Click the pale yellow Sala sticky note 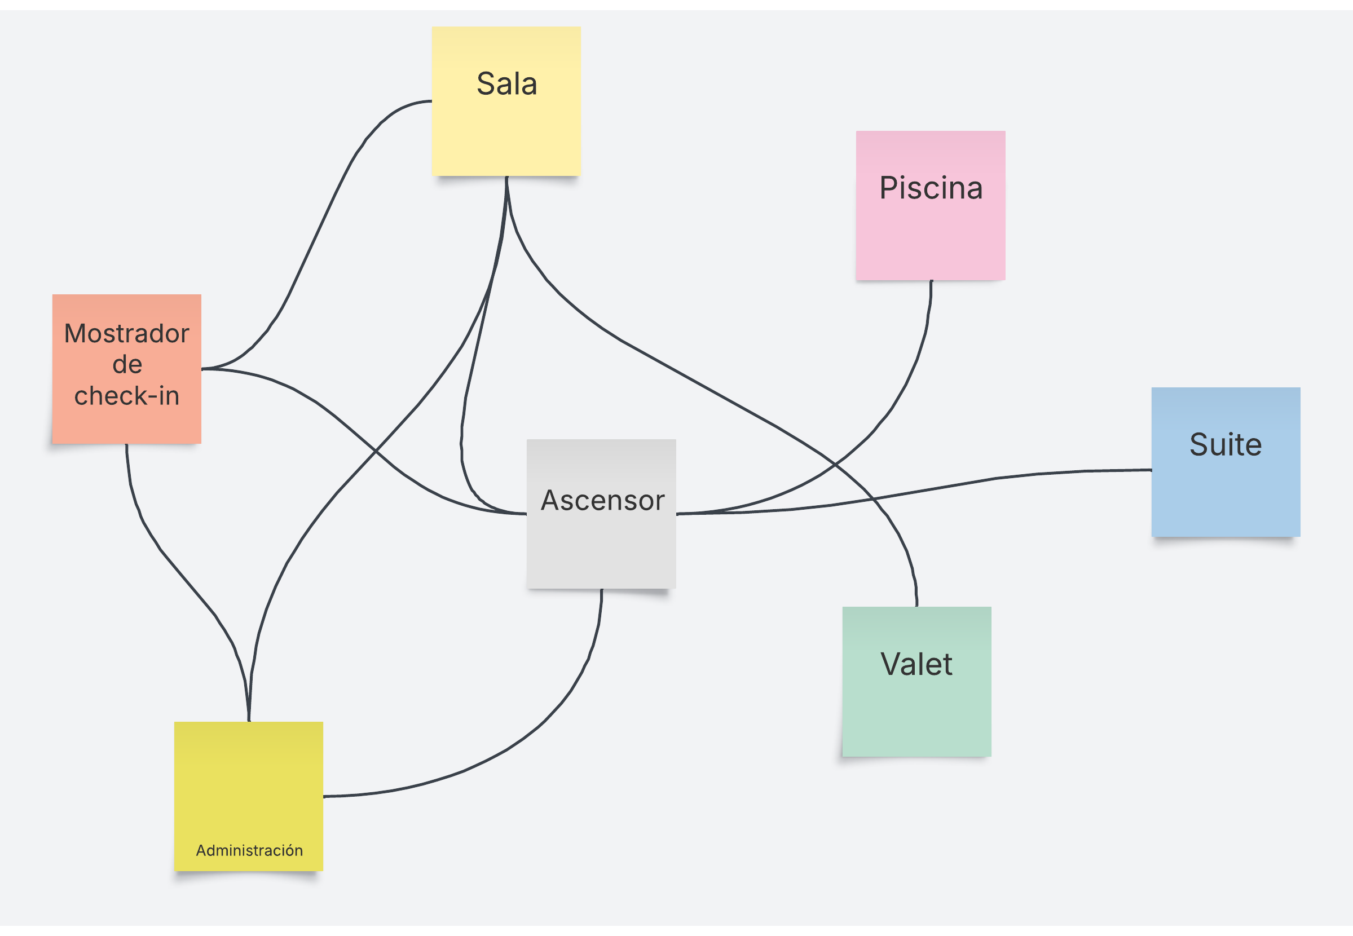coord(506,123)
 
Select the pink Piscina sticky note coord(930,229)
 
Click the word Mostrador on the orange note coord(127,334)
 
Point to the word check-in coord(127,396)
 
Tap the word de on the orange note coord(127,365)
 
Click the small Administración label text coord(249,850)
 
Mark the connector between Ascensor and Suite coord(997,478)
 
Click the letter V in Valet coord(889,664)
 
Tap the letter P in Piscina coord(889,188)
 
